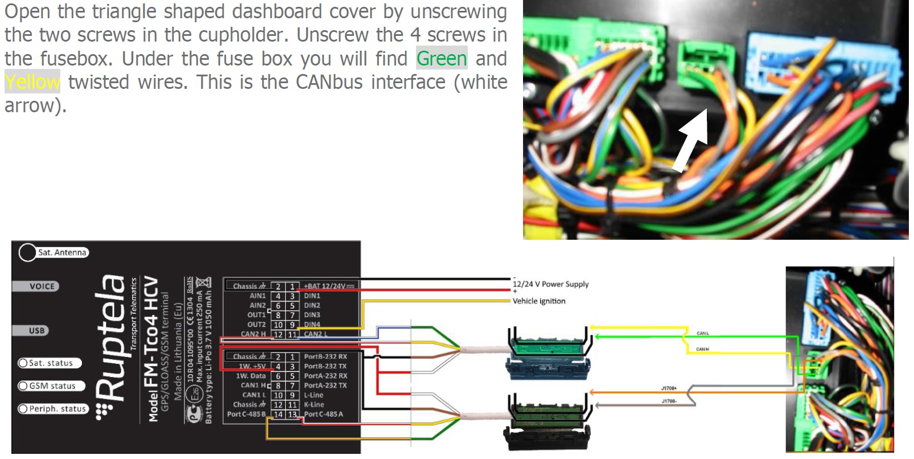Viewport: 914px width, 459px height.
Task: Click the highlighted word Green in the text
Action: click(442, 58)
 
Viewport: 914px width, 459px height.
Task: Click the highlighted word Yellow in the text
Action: click(32, 82)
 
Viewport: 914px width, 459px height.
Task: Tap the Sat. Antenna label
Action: click(62, 252)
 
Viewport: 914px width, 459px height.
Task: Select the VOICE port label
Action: click(42, 286)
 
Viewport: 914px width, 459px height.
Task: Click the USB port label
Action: click(36, 330)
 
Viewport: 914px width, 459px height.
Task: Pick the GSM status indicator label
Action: click(52, 386)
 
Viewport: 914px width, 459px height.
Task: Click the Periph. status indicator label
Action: click(57, 409)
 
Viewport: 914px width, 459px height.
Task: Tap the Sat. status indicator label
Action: click(51, 363)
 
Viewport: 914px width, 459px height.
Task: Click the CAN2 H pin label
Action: click(253, 334)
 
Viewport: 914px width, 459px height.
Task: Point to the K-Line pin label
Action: click(314, 404)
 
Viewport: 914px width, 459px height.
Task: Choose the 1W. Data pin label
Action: click(251, 376)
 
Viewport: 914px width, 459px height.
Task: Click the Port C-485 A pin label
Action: click(323, 414)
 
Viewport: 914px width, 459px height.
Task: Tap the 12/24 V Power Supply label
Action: click(550, 284)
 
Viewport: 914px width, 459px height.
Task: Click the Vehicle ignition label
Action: click(539, 301)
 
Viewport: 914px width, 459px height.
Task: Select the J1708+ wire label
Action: click(669, 388)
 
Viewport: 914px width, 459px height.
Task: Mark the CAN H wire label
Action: click(702, 349)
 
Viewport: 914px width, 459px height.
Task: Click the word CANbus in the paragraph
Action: click(329, 82)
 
